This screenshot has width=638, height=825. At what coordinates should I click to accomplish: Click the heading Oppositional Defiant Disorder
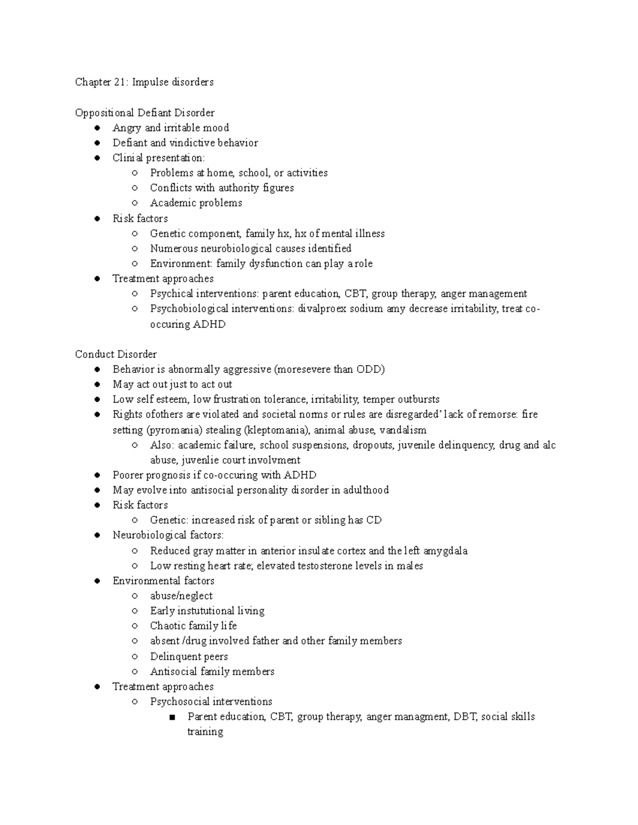(145, 113)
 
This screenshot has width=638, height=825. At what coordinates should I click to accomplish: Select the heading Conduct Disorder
(116, 354)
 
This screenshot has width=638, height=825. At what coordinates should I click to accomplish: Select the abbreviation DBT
(464, 717)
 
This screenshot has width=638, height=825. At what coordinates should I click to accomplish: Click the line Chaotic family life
(194, 626)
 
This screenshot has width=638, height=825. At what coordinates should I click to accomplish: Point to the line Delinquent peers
(189, 657)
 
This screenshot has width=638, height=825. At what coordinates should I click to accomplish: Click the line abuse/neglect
(181, 596)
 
